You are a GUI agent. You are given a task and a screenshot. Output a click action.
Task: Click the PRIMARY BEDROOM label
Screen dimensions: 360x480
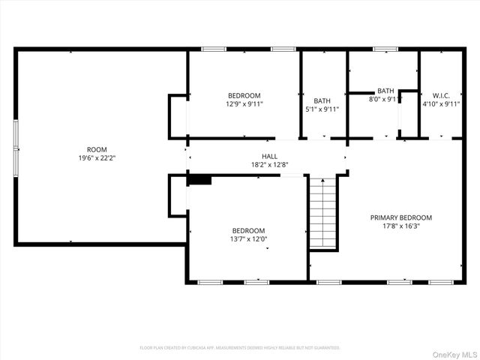(400, 217)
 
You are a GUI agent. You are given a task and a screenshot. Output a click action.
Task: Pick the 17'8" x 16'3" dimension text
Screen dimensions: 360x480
(400, 227)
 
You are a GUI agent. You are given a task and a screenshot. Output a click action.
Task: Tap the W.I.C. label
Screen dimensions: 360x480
(440, 95)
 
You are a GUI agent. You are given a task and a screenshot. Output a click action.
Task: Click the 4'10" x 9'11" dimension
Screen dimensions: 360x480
(440, 104)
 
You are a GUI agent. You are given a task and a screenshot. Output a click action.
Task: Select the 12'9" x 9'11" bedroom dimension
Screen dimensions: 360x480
(244, 104)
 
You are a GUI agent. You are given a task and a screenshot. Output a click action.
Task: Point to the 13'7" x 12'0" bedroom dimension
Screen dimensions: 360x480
(247, 240)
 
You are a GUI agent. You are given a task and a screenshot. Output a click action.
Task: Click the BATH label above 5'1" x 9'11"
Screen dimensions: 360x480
(322, 100)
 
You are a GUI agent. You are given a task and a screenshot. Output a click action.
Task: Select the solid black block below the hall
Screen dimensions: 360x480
(199, 179)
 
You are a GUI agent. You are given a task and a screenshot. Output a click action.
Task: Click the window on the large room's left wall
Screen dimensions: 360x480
(16, 148)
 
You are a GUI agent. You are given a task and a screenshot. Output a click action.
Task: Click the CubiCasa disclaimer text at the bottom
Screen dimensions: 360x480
(239, 348)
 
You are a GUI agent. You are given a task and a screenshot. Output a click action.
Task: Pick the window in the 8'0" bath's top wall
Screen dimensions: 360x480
(385, 49)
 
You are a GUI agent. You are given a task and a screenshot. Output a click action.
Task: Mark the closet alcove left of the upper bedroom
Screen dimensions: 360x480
(178, 117)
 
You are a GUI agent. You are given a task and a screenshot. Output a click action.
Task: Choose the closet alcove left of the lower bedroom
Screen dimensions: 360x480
(178, 195)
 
